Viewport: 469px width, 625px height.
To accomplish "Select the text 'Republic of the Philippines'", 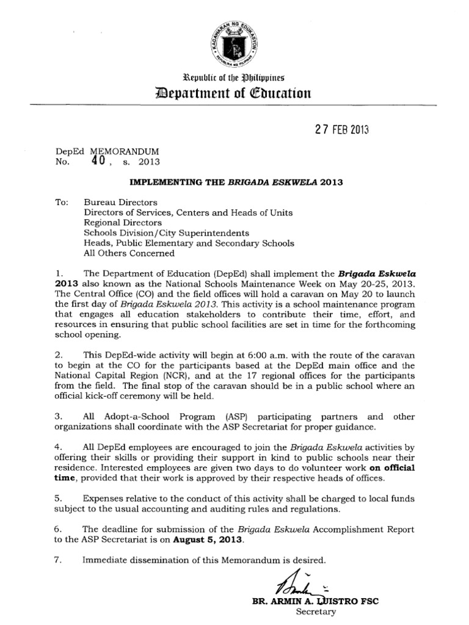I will coord(234,78).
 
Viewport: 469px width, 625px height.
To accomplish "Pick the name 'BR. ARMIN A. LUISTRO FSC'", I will coord(315,601).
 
